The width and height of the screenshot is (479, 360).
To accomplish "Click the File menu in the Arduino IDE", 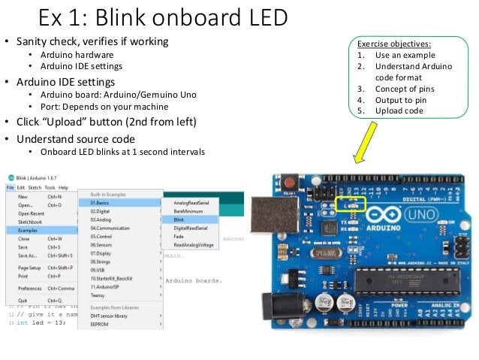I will pyautogui.click(x=11, y=187).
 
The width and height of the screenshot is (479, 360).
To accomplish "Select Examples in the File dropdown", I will pyautogui.click(x=28, y=230).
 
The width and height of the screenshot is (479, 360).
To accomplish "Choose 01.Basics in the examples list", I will pyautogui.click(x=101, y=203).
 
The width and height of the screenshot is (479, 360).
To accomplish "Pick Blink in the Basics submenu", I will pyautogui.click(x=181, y=219).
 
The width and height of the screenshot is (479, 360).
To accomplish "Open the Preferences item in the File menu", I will pyautogui.click(x=30, y=288).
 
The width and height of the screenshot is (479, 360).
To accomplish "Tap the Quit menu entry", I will pyautogui.click(x=23, y=301).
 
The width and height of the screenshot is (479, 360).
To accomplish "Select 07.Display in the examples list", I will pyautogui.click(x=102, y=253).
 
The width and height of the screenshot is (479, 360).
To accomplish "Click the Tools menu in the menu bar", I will pyautogui.click(x=50, y=187).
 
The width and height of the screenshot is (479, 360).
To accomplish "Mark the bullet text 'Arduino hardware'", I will pyautogui.click(x=77, y=55).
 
